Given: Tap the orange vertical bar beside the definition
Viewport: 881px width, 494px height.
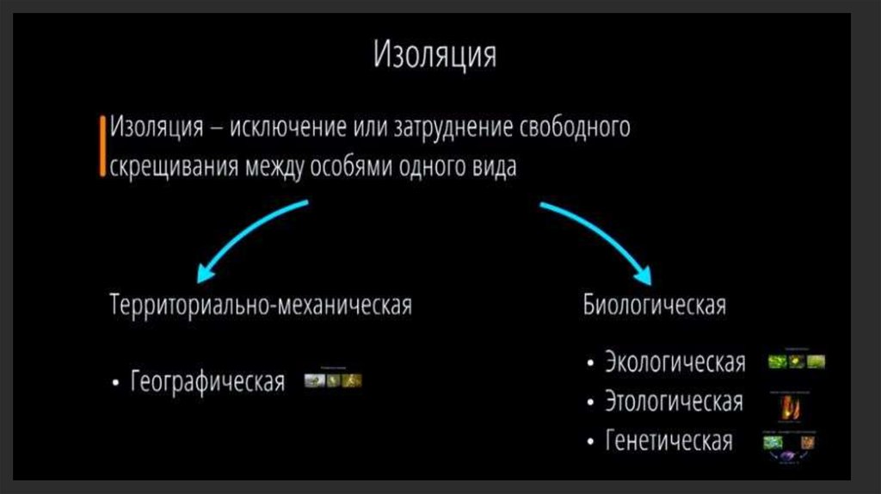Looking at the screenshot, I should point(103,145).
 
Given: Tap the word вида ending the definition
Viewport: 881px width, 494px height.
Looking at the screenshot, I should point(494,166).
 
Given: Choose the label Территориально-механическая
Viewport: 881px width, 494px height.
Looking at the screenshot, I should point(261,306).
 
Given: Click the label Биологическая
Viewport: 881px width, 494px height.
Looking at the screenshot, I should point(655,306).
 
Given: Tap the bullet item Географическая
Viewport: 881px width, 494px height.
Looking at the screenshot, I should point(207,381).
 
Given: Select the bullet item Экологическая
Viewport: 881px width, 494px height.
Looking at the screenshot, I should point(675,362).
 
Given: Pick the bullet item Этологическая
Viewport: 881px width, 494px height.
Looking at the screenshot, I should point(674,402).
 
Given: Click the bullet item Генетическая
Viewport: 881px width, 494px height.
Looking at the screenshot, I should point(668,442).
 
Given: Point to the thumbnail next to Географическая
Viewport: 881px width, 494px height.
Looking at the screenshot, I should point(333,380).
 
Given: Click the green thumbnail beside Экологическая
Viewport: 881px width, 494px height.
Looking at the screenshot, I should point(797,361).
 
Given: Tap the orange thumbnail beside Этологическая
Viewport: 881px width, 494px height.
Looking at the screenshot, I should point(792,405).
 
